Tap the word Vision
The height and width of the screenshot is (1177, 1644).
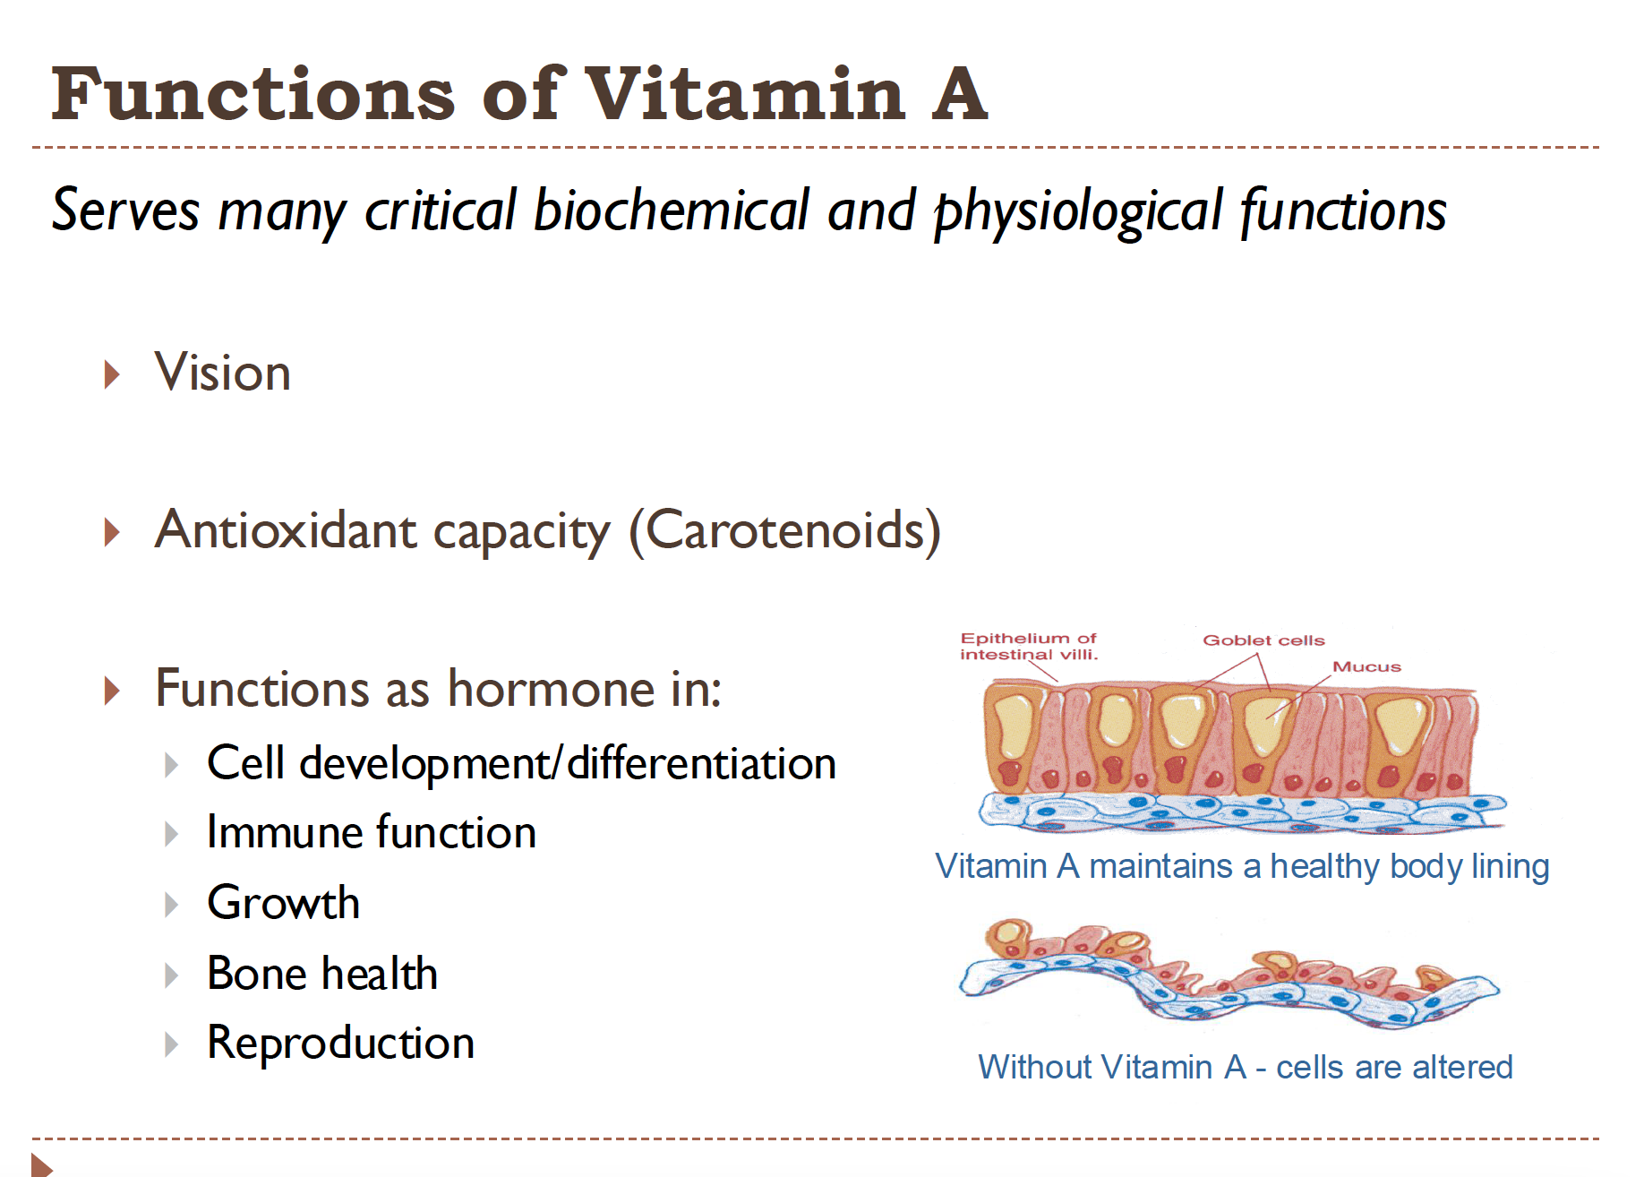222,373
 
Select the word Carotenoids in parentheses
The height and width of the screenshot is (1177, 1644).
785,530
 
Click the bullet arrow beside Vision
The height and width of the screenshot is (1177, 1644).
112,374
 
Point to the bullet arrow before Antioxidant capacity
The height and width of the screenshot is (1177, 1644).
112,532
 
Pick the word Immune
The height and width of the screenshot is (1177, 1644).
283,832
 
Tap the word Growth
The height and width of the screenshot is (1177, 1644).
283,902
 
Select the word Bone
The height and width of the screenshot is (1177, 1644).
256,974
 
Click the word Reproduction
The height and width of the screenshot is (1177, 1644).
340,1043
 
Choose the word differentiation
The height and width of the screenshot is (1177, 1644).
701,763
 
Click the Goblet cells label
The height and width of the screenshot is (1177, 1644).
1263,640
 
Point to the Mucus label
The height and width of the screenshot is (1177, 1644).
1366,666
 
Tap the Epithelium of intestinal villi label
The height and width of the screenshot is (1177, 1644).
1028,646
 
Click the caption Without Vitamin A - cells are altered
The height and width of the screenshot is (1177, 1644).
1245,1067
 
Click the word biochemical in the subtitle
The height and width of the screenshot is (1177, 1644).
672,210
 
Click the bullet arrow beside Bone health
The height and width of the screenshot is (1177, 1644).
171,975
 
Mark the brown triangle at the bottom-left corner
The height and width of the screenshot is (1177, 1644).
41,1165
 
